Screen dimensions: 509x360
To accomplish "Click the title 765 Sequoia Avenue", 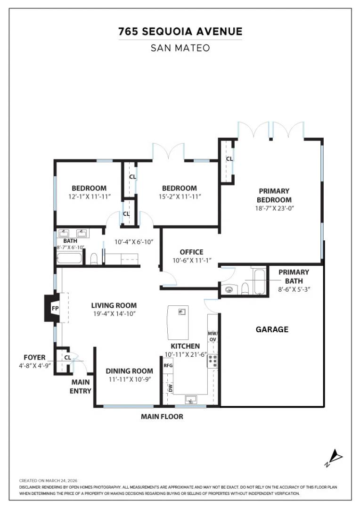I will click(180, 32).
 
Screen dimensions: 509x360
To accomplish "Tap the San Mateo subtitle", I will click(180, 48).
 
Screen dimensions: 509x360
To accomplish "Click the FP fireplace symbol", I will click(55, 309).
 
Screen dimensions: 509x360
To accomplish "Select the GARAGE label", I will click(272, 329).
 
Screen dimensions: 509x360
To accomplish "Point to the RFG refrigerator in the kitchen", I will click(168, 365).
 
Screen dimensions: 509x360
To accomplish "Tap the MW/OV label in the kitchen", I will click(212, 336).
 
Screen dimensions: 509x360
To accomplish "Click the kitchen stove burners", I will click(213, 361).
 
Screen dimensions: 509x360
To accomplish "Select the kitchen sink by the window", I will click(191, 400).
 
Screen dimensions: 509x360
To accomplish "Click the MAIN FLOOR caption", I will click(162, 417).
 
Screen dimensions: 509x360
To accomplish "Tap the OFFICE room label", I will click(191, 252).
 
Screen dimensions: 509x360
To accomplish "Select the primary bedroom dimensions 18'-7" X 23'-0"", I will click(274, 207).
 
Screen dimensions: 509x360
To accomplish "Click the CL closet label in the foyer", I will click(67, 357).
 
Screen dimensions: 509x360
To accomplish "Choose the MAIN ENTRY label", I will click(81, 386).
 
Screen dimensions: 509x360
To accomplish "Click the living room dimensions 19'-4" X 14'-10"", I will click(114, 313).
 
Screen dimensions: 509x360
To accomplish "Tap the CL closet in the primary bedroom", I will click(229, 159).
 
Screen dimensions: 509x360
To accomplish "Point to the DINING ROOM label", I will click(129, 371).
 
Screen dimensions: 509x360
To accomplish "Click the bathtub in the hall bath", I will click(69, 257).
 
